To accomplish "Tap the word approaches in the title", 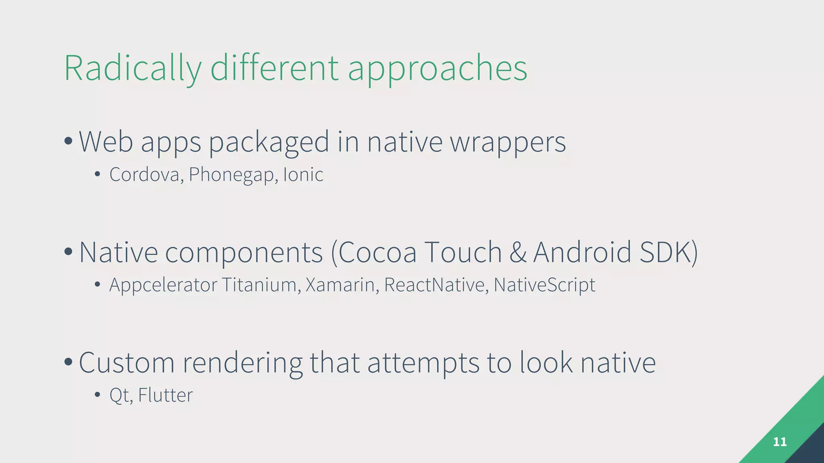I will [x=437, y=69].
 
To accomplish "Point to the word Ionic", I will [x=303, y=174].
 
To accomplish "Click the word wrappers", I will [x=508, y=142].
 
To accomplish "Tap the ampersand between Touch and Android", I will [x=518, y=252].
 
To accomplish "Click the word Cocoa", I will [x=377, y=252].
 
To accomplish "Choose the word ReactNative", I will [x=434, y=285].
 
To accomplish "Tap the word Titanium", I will [x=259, y=285].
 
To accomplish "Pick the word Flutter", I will [x=165, y=395].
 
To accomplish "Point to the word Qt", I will [x=119, y=395].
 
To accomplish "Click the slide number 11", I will [x=780, y=442].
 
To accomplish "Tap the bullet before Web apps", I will [x=68, y=141].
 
